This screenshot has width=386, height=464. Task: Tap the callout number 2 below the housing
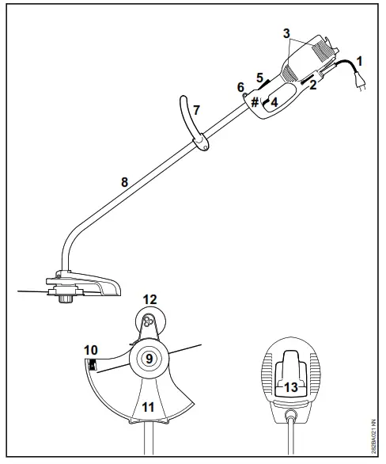pyautogui.click(x=313, y=86)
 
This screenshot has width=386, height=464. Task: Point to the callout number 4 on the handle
pyautogui.click(x=274, y=101)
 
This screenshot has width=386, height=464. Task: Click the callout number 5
pyautogui.click(x=259, y=78)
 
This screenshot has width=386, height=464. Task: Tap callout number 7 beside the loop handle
pyautogui.click(x=198, y=110)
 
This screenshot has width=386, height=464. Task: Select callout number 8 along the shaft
pyautogui.click(x=123, y=181)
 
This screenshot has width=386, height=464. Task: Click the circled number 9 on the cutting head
pyautogui.click(x=149, y=359)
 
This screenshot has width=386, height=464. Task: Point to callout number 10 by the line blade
pyautogui.click(x=92, y=349)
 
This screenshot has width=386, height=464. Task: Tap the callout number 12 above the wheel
pyautogui.click(x=149, y=299)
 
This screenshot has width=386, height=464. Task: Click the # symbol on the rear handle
pyautogui.click(x=255, y=101)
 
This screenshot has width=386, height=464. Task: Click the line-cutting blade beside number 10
pyautogui.click(x=92, y=365)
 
